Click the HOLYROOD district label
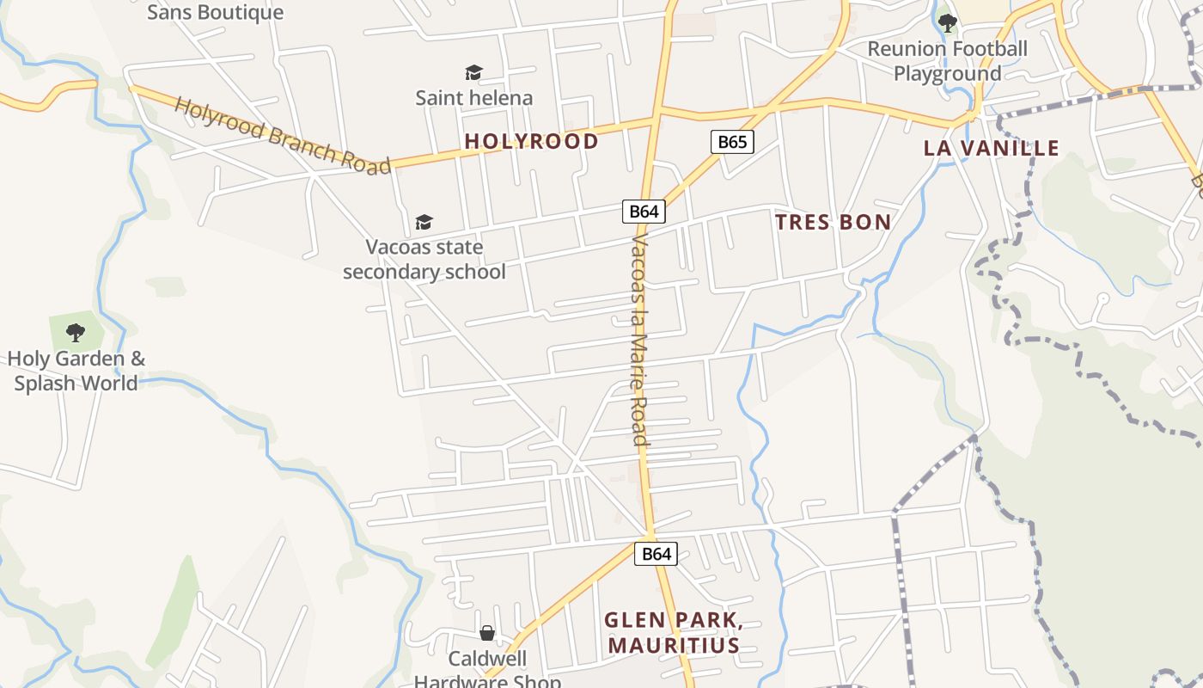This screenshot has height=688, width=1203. coord(531,141)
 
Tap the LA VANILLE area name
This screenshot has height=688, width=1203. coord(992,148)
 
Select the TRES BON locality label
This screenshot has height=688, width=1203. coord(833,223)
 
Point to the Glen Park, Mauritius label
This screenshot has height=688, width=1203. coord(673,633)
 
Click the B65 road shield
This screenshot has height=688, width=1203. coord(732,142)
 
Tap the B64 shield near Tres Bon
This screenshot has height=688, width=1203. coord(644,212)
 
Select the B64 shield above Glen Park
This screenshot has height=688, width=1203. coord(656,554)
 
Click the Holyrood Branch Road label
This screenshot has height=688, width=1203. coord(282,136)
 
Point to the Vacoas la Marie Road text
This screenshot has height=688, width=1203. coord(638,340)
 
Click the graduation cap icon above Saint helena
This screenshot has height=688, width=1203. coord(473,72)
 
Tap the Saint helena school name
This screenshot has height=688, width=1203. coord(473,98)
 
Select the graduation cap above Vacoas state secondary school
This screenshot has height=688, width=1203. coord(424,223)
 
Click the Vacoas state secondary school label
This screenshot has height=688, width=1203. coord(424,260)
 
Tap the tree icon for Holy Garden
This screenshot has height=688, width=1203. coord(76,332)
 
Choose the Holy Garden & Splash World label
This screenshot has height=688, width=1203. coord(76,371)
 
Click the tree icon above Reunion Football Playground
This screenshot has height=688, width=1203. coord(947,23)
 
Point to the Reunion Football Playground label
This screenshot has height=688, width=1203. coord(947,61)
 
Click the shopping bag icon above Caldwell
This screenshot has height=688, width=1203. coord(487,634)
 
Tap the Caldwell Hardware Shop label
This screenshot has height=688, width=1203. coord(487,670)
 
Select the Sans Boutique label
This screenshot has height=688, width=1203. coord(215,12)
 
